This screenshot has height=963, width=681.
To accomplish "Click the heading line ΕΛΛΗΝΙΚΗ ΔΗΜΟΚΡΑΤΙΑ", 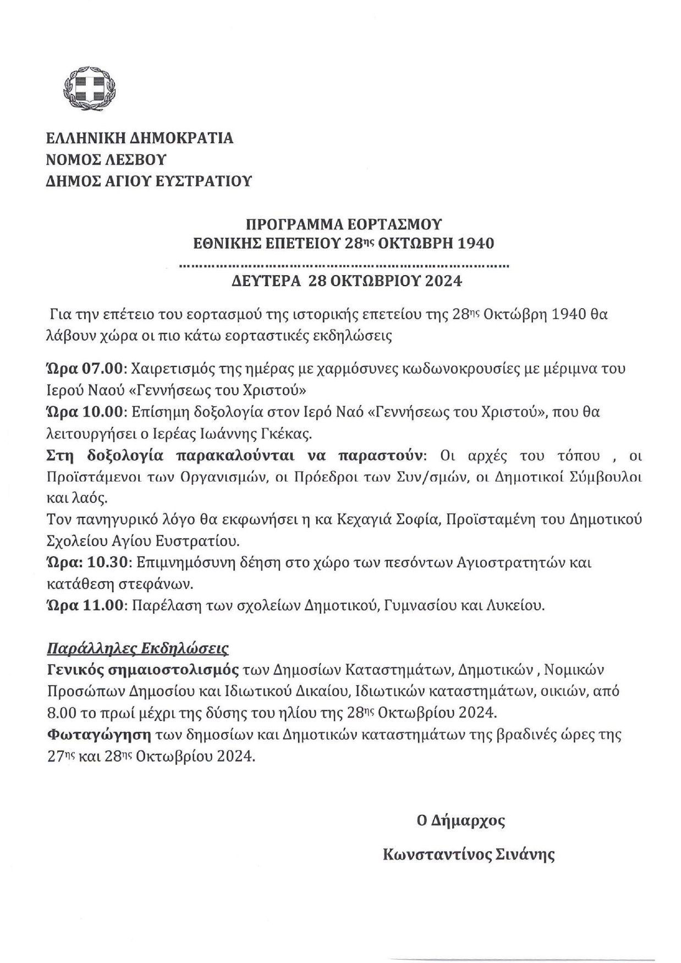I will [140, 138].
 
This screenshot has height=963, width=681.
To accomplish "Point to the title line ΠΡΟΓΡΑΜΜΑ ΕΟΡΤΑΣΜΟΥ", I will [344, 225].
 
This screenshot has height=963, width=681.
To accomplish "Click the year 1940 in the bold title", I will [475, 243].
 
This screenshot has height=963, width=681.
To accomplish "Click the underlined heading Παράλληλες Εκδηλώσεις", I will [138, 648].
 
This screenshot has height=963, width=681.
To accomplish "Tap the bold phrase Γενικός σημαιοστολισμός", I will [143, 670].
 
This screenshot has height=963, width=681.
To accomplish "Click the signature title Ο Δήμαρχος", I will [460, 821].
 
